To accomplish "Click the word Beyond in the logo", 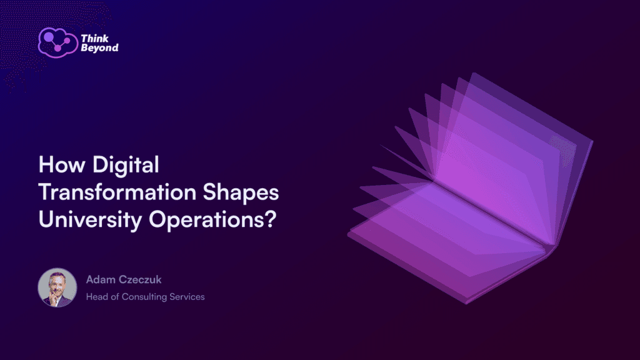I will click(x=99, y=48).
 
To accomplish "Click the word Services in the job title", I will click(x=187, y=297).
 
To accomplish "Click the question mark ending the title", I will click(x=269, y=219).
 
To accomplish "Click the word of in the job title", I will click(x=116, y=297).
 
